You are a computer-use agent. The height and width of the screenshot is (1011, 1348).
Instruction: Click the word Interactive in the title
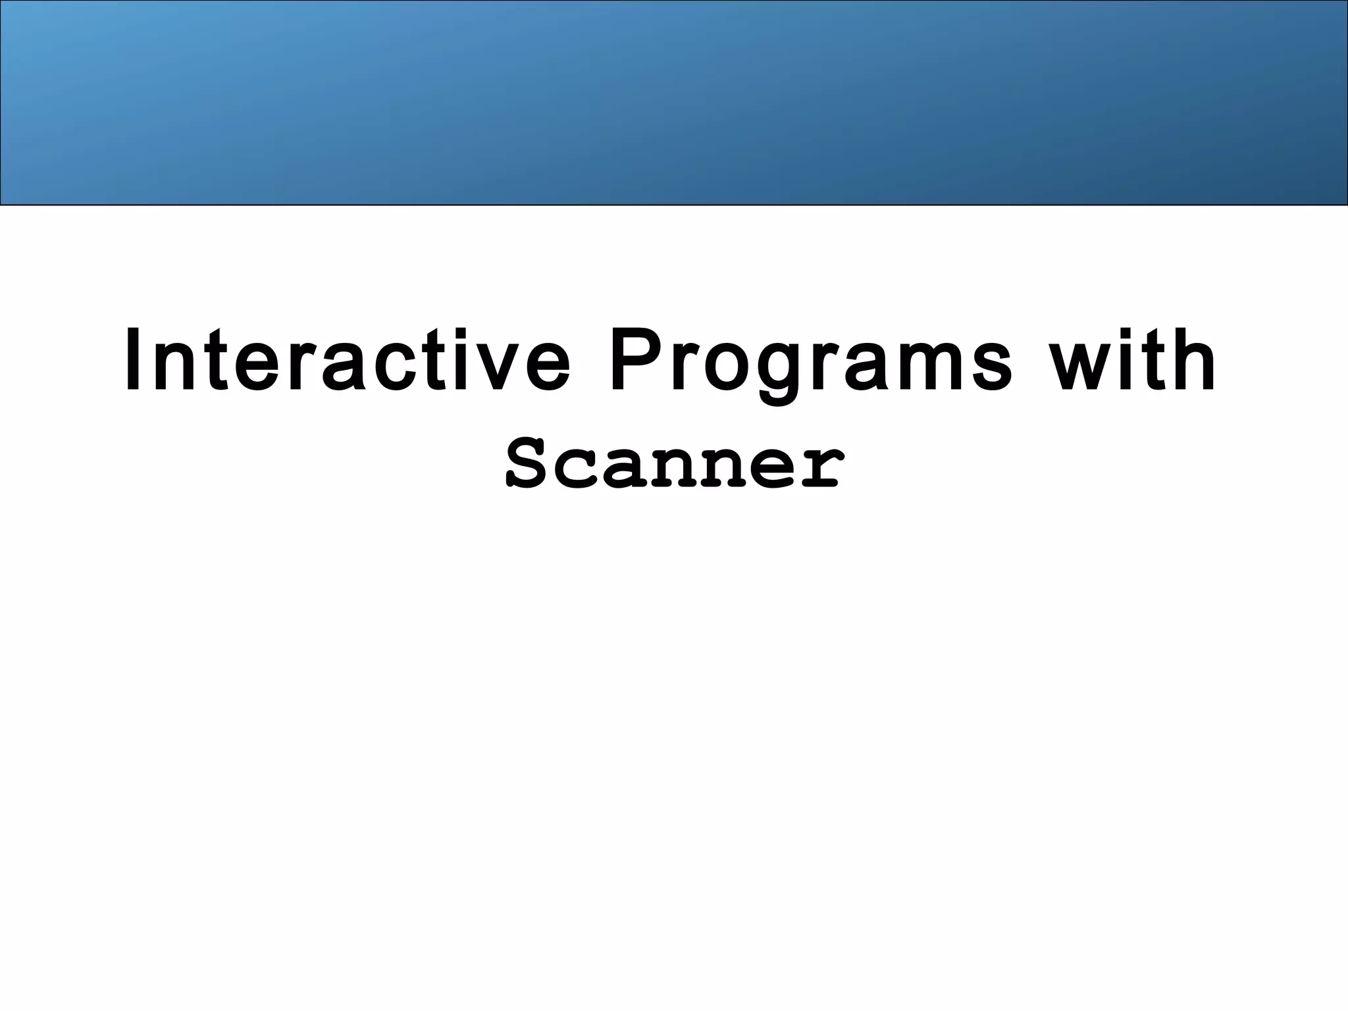click(347, 361)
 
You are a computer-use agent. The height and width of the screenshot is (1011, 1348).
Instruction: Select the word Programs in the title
click(811, 361)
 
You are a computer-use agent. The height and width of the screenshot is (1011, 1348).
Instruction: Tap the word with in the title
click(1132, 361)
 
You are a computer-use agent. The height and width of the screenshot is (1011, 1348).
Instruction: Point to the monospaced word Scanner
click(674, 465)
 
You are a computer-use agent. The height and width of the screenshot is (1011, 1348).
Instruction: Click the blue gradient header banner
click(674, 103)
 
